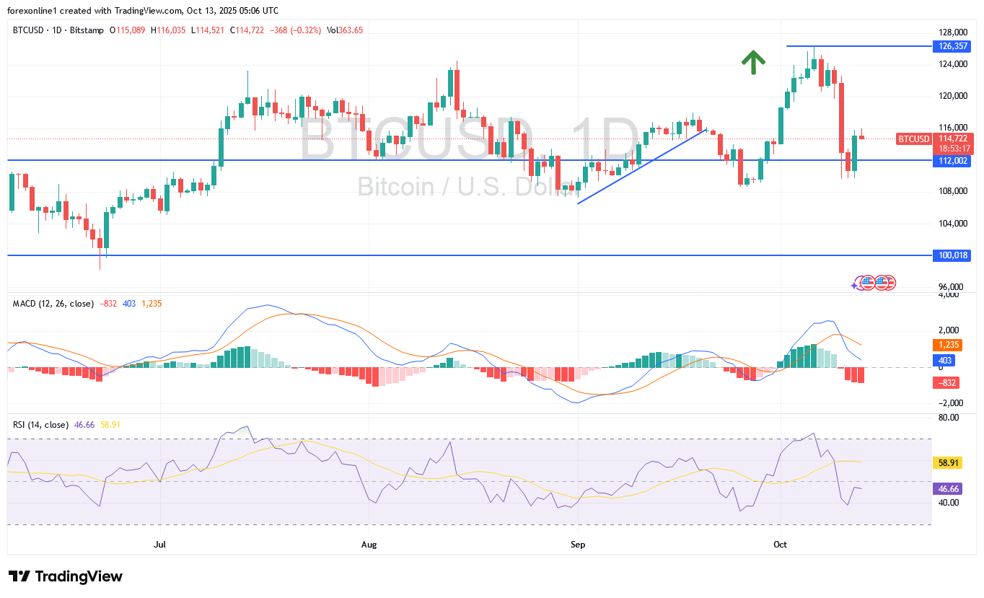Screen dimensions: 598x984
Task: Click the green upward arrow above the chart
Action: click(753, 63)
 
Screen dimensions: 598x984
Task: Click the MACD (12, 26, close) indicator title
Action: click(53, 304)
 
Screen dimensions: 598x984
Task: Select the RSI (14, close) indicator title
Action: click(41, 425)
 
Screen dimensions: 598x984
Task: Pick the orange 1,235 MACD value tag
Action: click(946, 346)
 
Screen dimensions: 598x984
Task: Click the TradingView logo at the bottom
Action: click(66, 576)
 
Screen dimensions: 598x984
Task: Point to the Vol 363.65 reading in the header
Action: click(345, 30)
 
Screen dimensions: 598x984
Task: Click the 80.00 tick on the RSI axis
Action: click(949, 418)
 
